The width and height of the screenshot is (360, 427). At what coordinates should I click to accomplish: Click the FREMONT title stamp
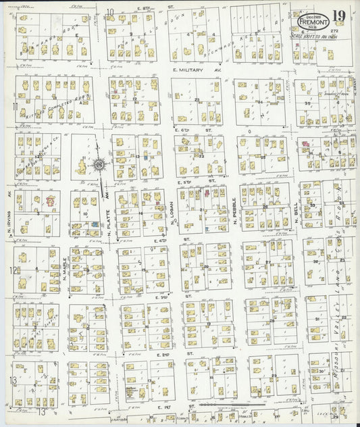tap(313, 20)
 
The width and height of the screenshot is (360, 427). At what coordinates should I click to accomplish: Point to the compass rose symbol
tap(99, 164)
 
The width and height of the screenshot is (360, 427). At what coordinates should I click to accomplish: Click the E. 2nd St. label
tap(165, 354)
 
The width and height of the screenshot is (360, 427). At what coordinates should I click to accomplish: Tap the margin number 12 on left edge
tap(13, 270)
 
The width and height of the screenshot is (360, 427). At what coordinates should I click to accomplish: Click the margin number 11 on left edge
tap(13, 106)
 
